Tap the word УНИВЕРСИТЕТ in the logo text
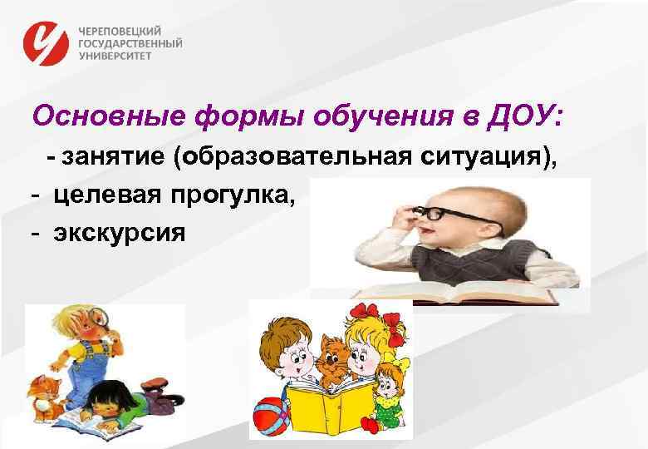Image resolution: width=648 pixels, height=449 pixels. pyautogui.click(x=116, y=57)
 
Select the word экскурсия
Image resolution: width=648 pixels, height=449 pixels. pyautogui.click(x=121, y=232)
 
